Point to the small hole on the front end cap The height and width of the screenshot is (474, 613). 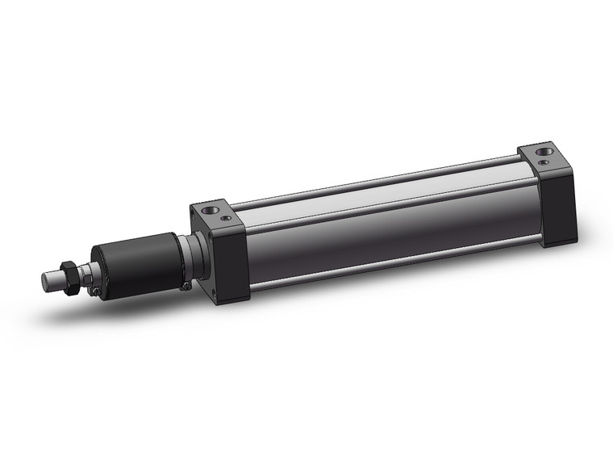point(227,218)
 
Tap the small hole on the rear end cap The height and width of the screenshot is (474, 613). point(545,162)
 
